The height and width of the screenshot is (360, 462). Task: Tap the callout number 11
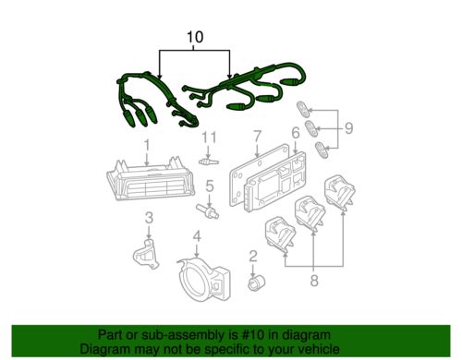(209, 138)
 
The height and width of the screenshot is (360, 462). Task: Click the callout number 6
(295, 134)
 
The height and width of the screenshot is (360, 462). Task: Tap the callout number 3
(147, 217)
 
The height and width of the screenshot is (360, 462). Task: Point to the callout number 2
(252, 256)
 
